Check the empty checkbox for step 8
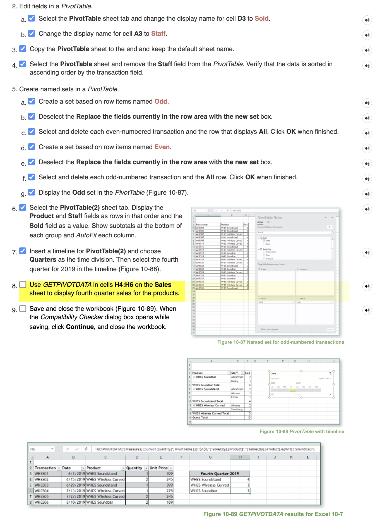[23, 285]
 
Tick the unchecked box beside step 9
[23, 309]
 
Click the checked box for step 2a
[32, 18]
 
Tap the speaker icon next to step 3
[367, 50]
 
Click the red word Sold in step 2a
[261, 18]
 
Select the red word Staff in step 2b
[158, 34]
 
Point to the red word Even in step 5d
[162, 147]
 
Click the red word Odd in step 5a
[161, 101]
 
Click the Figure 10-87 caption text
[280, 342]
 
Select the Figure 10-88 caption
[302, 431]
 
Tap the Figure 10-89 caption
[273, 514]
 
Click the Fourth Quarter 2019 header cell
[220, 474]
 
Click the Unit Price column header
[158, 468]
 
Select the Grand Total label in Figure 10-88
[200, 418]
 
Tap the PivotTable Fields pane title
[269, 218]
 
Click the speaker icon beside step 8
[367, 286]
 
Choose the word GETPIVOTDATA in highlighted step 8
[67, 285]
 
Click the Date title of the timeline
[273, 373]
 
